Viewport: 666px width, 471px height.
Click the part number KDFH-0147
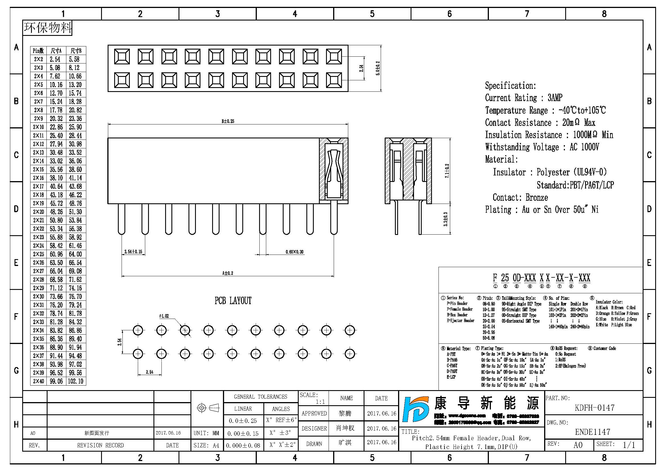[594, 408]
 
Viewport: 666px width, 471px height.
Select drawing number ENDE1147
[593, 432]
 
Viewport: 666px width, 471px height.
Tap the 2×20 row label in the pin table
[38, 212]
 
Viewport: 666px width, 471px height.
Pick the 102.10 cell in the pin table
[75, 381]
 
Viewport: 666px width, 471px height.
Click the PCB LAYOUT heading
[233, 301]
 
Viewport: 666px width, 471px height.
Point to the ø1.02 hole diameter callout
[164, 316]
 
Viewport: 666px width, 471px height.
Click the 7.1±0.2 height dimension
[447, 171]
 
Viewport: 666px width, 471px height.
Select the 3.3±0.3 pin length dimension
[446, 219]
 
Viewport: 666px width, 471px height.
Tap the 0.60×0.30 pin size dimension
[294, 252]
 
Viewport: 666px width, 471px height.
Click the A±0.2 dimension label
[228, 273]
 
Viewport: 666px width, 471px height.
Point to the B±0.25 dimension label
[228, 121]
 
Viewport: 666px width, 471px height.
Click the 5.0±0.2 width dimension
[378, 68]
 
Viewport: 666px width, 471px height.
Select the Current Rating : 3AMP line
[524, 98]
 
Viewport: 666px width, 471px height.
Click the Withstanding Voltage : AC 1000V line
[542, 147]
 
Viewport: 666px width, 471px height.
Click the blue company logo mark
[416, 409]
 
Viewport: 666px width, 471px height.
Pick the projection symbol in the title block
[208, 408]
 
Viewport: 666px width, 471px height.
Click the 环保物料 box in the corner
[48, 28]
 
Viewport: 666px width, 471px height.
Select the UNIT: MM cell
[206, 433]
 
